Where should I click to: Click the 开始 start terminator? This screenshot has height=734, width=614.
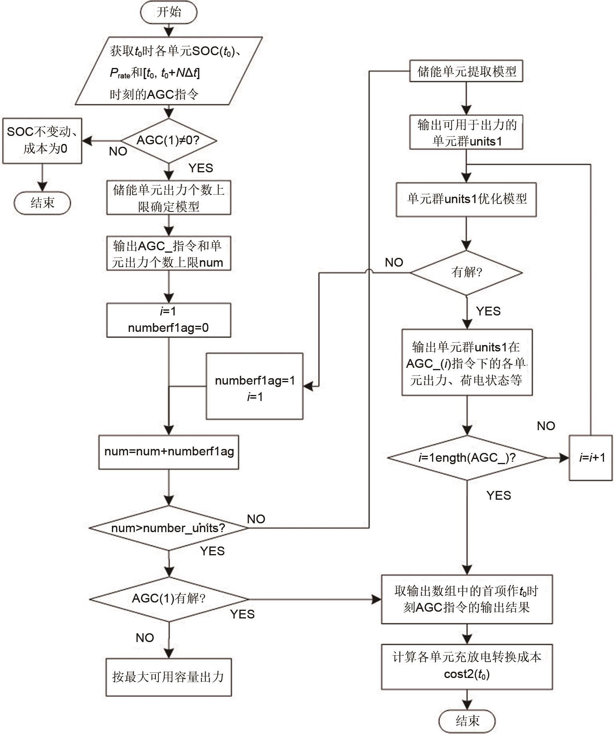point(168,12)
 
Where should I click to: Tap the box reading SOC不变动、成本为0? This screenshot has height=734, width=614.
point(42,140)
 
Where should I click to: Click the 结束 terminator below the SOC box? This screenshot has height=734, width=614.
point(42,203)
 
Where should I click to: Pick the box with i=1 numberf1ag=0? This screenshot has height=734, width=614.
point(168,320)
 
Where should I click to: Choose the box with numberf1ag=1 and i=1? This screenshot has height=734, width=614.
point(254,386)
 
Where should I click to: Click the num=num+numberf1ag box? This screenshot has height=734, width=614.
point(168,452)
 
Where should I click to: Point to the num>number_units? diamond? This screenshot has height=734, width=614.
point(168,528)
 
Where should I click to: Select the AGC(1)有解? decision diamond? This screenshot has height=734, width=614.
point(168,599)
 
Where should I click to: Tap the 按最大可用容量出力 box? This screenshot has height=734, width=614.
point(168,677)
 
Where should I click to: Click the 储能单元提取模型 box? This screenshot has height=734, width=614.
point(466,72)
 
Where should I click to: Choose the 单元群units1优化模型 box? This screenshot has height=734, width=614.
point(466,199)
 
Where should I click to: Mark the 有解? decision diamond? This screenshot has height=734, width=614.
point(466,273)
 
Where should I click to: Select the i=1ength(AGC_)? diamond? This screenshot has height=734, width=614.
point(467,458)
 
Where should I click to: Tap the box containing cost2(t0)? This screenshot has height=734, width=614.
point(467,666)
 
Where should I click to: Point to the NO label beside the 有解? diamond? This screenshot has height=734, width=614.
point(394,263)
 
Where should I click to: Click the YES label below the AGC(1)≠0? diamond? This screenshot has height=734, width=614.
point(201,168)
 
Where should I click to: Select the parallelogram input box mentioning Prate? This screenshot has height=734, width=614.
point(168,71)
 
